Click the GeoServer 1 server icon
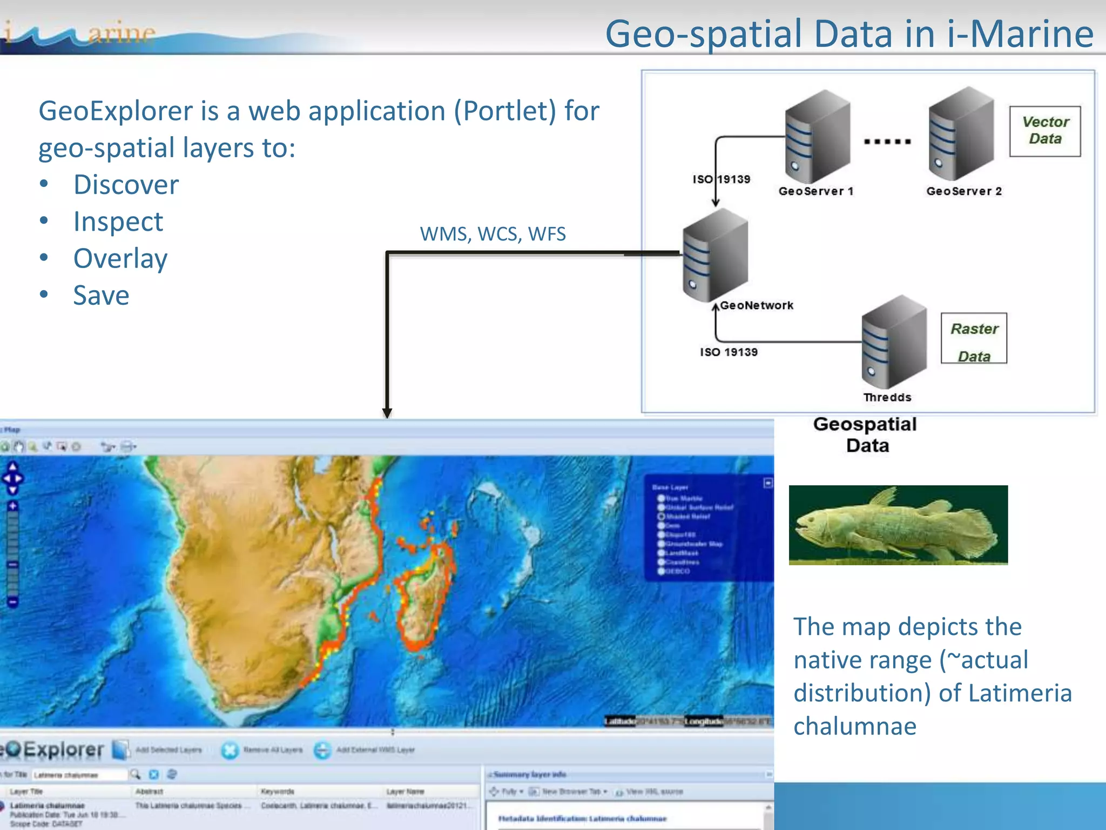(x=817, y=137)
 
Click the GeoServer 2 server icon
(x=961, y=134)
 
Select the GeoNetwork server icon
(x=715, y=255)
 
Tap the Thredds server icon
(x=894, y=342)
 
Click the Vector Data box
(x=1045, y=131)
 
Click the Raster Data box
(x=974, y=338)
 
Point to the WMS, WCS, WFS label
(x=493, y=234)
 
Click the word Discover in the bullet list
(x=126, y=185)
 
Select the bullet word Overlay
(x=120, y=258)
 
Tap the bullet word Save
(x=101, y=296)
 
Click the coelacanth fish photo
(x=898, y=525)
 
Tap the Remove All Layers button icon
(x=230, y=750)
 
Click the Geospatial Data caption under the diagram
(x=866, y=434)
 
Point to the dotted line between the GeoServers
(x=887, y=142)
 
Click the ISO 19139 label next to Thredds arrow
(x=729, y=352)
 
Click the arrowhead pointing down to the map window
(x=387, y=413)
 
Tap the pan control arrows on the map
(x=12, y=478)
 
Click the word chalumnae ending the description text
(x=854, y=726)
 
